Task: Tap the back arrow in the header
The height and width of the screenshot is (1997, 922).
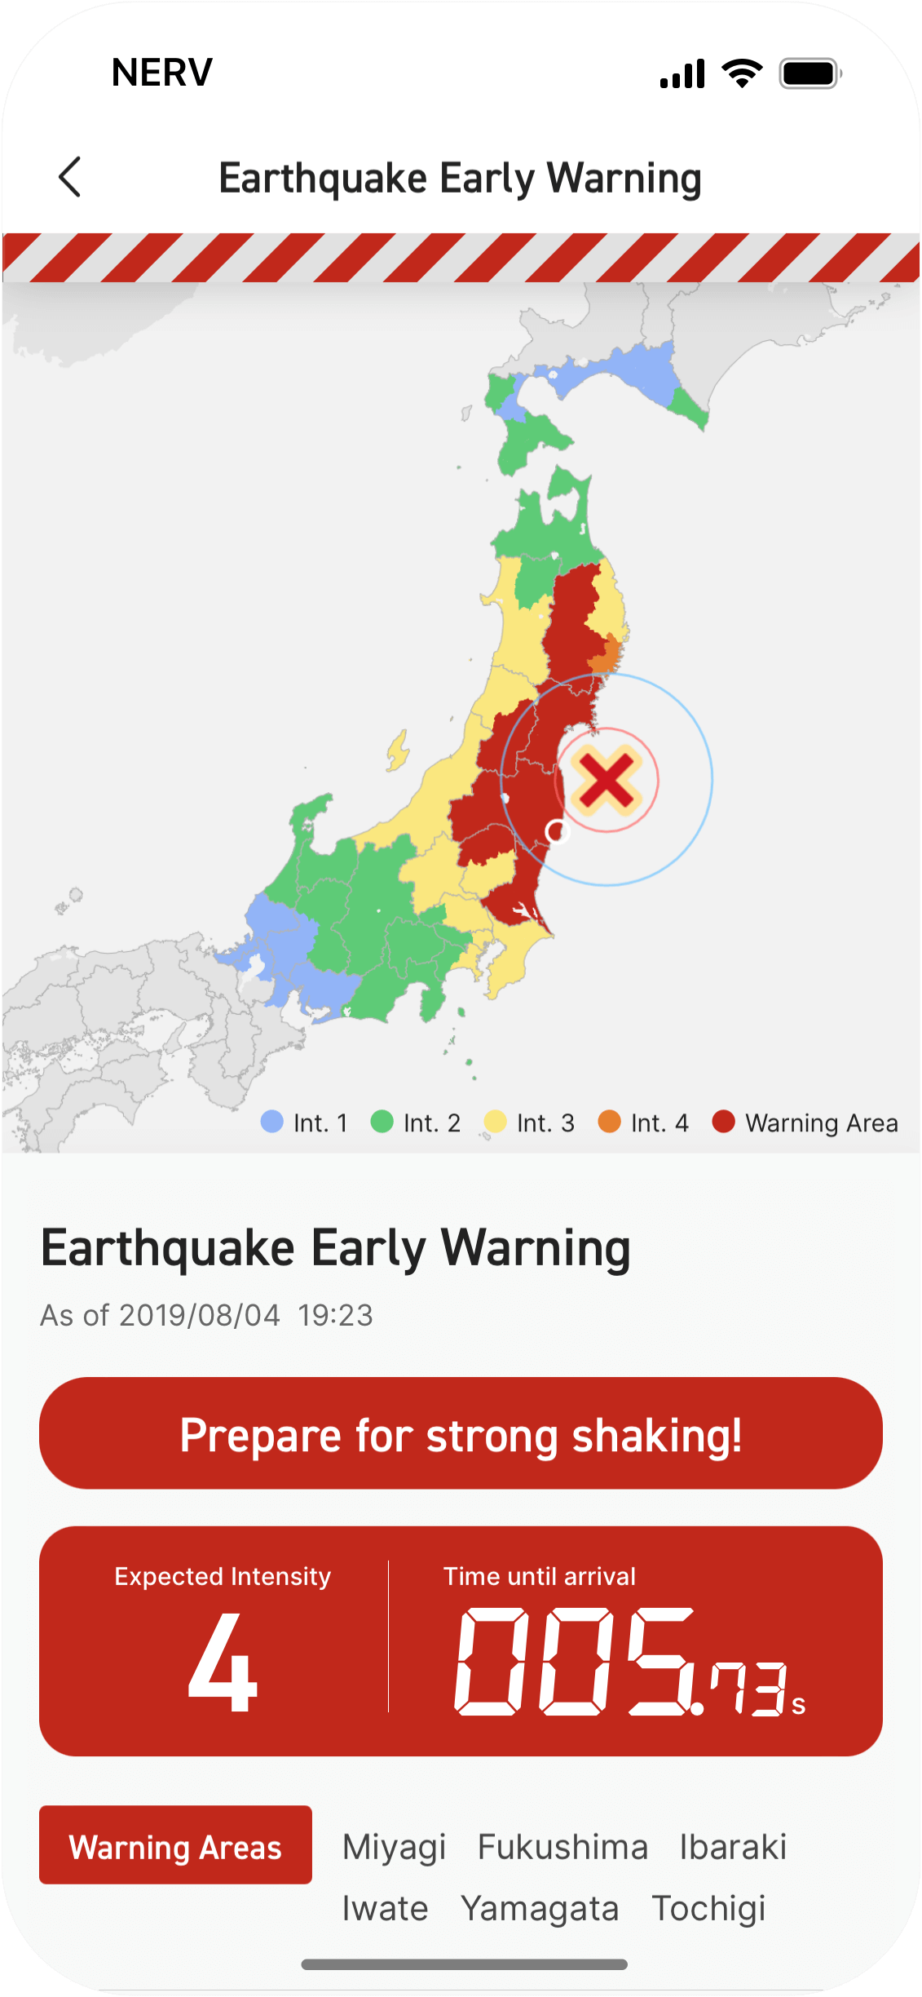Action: tap(70, 177)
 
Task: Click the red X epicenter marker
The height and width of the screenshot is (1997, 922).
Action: tap(606, 780)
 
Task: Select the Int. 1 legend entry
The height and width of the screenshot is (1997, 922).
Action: tap(305, 1122)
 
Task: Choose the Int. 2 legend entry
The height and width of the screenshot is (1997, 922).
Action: tap(416, 1122)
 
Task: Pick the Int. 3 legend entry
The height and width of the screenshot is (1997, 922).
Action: tap(530, 1122)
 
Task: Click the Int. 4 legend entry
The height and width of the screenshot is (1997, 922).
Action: tap(644, 1122)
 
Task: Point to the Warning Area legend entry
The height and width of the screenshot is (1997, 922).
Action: tap(805, 1122)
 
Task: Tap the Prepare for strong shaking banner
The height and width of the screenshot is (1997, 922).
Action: tap(461, 1433)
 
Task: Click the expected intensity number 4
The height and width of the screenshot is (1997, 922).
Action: tap(223, 1664)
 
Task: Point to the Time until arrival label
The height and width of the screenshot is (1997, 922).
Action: tap(539, 1576)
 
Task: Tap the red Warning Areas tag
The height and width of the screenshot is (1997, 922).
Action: tap(175, 1845)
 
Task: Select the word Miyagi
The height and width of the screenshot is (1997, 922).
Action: tap(394, 1847)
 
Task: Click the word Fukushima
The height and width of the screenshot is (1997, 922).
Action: tap(562, 1847)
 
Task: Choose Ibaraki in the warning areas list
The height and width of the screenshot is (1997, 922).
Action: tap(733, 1847)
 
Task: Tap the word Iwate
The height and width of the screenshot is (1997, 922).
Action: tap(385, 1909)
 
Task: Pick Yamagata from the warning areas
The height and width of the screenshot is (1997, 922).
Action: tap(540, 1909)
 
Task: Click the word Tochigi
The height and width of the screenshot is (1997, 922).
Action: tap(708, 1909)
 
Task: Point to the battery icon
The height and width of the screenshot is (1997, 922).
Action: tap(810, 73)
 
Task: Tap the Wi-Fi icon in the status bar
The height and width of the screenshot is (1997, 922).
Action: tap(742, 73)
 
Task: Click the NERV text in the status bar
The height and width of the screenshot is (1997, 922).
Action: tap(162, 73)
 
